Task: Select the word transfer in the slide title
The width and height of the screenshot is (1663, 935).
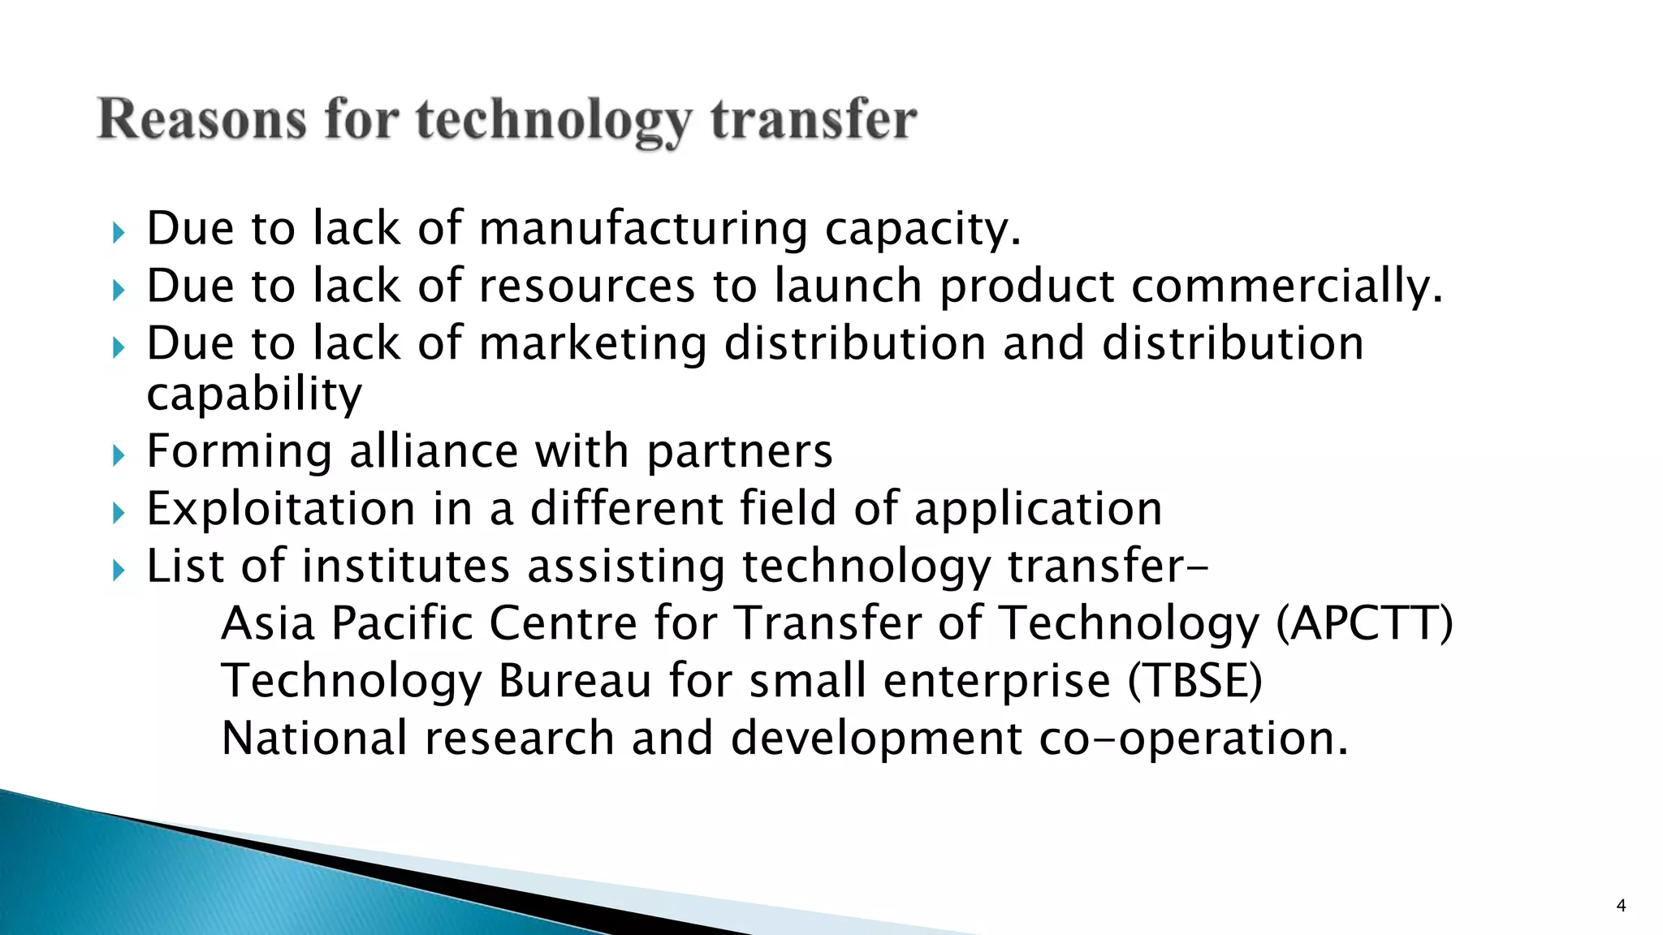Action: click(814, 120)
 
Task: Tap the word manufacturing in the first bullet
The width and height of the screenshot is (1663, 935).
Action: click(643, 229)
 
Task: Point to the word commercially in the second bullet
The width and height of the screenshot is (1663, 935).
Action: click(1286, 287)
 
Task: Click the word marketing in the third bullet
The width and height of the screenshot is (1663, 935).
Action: click(593, 344)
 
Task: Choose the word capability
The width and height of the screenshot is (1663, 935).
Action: click(254, 395)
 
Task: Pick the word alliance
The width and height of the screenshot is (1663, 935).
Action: click(434, 451)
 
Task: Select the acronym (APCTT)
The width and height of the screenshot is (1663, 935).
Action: click(1364, 623)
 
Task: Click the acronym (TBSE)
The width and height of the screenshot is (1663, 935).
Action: click(1194, 681)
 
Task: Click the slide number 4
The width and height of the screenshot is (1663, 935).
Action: click(1621, 906)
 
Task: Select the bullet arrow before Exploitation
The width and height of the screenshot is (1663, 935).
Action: click(119, 512)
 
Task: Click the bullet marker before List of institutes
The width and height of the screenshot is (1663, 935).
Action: click(119, 570)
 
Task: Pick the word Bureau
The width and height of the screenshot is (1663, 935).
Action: click(575, 681)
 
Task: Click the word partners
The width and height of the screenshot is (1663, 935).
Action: click(740, 451)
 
